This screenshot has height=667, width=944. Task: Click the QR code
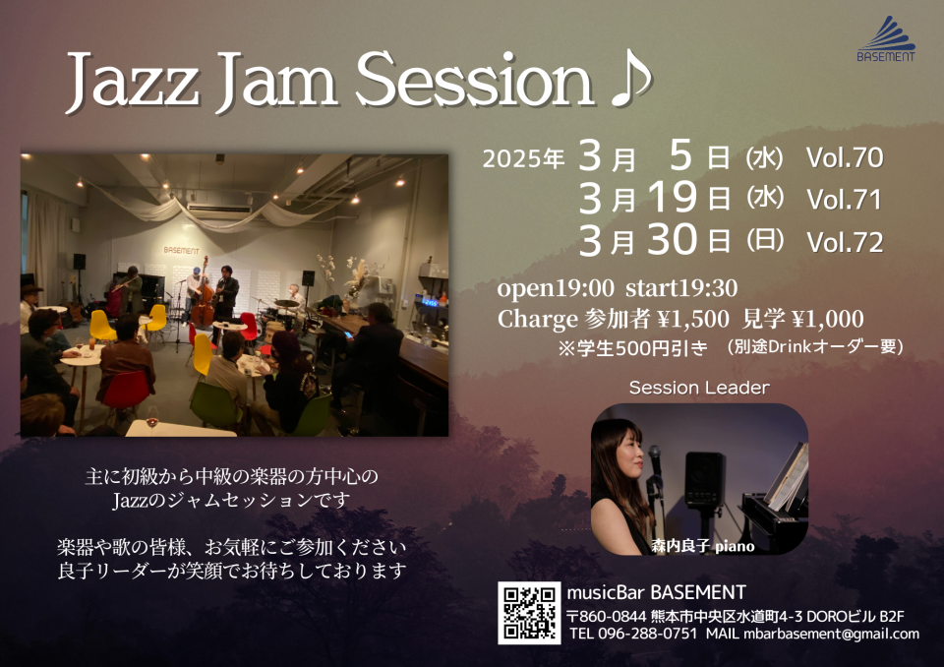click(x=529, y=613)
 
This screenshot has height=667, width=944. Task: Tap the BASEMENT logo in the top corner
click(x=886, y=39)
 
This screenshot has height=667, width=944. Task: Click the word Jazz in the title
click(x=133, y=82)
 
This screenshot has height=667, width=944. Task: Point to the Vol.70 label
click(x=845, y=157)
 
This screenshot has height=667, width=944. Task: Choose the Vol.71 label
click(x=844, y=200)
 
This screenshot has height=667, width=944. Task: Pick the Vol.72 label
click(x=845, y=242)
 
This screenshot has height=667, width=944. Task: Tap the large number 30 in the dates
click(x=673, y=239)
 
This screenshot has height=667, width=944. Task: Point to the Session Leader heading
click(x=699, y=388)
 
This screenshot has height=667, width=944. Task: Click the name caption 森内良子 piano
click(x=702, y=546)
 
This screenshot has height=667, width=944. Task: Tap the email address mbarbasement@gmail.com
click(x=832, y=634)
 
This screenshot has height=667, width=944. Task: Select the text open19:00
click(x=555, y=288)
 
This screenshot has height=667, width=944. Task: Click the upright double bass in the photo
click(x=203, y=295)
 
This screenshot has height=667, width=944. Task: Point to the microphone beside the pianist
click(x=655, y=460)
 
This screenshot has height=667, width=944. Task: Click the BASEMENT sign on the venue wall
click(x=181, y=250)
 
